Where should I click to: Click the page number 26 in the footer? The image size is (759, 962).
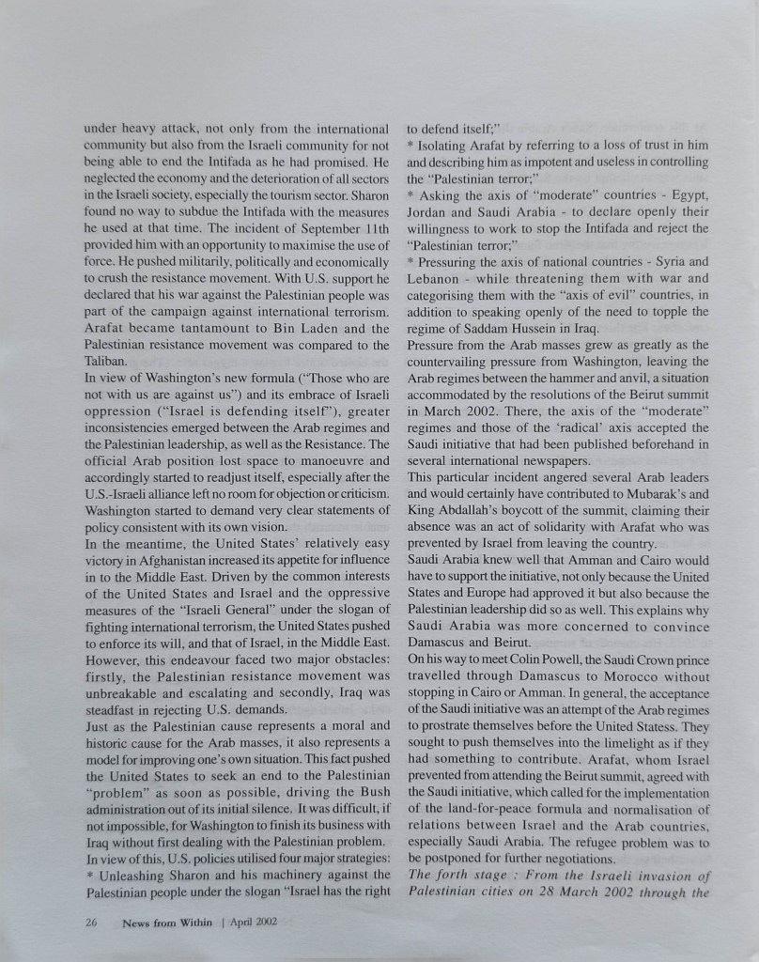(90, 922)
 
